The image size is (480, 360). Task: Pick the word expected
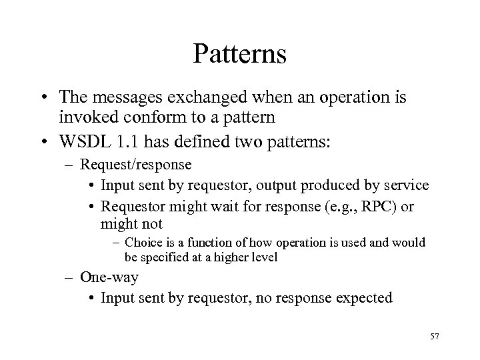pyautogui.click(x=365, y=298)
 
